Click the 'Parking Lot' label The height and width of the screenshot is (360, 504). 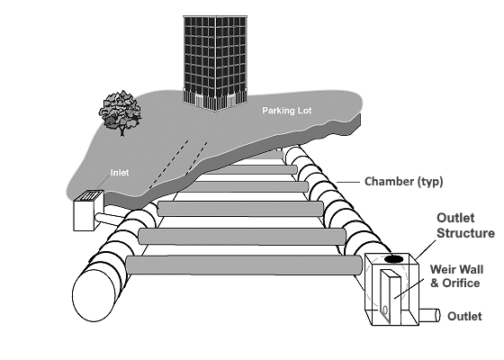(x=287, y=111)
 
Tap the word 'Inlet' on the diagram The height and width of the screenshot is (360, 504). (x=120, y=173)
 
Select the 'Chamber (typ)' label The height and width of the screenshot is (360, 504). (x=404, y=182)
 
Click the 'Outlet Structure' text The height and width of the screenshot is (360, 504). (x=465, y=226)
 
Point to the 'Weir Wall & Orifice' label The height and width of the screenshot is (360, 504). (x=456, y=276)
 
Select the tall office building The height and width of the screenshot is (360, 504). (x=215, y=63)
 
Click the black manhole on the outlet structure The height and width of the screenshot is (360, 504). (x=394, y=259)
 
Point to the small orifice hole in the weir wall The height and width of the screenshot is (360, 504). (x=385, y=310)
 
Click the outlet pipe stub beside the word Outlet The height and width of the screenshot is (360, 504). (x=430, y=315)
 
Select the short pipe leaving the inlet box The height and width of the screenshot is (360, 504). (x=109, y=219)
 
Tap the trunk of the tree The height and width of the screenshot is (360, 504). (x=121, y=130)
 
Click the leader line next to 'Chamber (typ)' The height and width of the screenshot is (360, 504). (x=348, y=182)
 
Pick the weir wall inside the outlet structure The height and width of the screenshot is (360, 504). (x=390, y=296)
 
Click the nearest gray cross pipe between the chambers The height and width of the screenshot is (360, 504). (x=244, y=265)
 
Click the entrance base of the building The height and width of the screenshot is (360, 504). (x=215, y=100)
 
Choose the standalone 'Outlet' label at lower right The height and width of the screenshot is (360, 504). (x=464, y=316)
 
